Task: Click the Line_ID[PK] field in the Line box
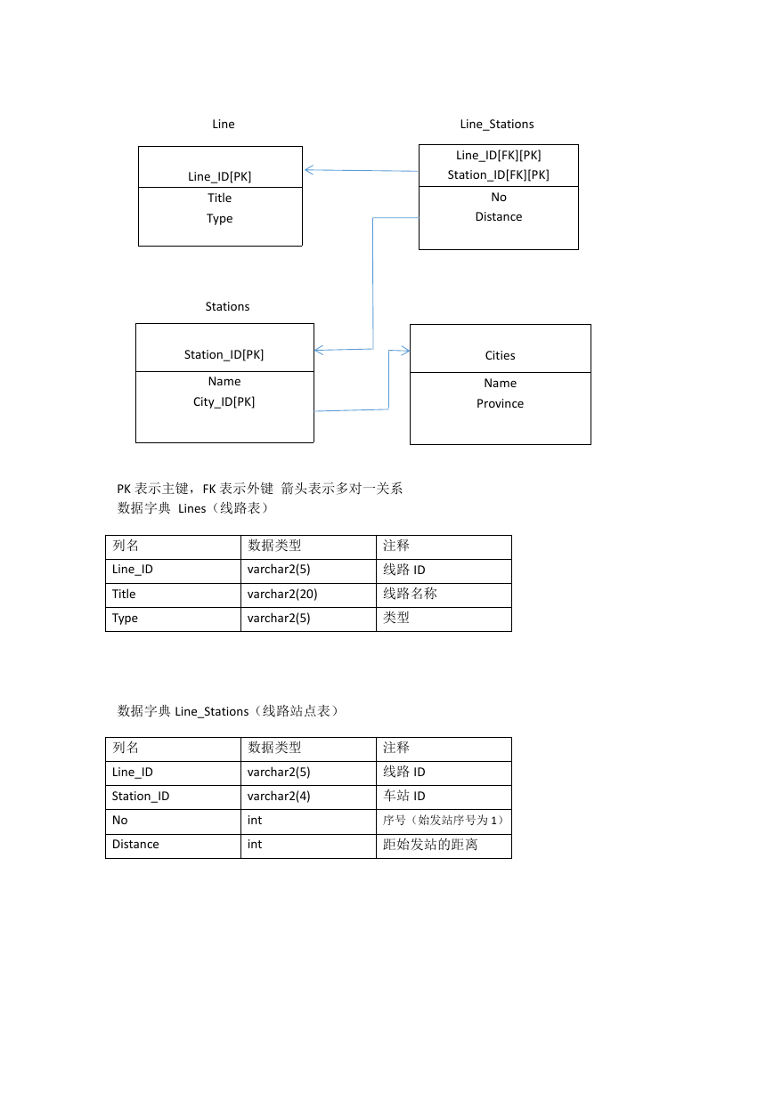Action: [219, 176]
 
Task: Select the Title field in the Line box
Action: [219, 198]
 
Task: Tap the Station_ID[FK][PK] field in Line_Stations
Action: [498, 174]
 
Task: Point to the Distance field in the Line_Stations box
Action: [499, 216]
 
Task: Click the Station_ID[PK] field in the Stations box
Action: [224, 354]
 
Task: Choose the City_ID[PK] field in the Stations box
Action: [224, 401]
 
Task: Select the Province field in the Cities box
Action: [500, 403]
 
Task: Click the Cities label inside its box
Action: [500, 355]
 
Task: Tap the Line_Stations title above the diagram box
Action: [497, 124]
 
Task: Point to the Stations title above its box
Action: [227, 306]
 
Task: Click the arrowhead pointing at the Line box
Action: [309, 170]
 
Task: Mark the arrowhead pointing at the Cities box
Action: [405, 351]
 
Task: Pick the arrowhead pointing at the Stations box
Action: [319, 351]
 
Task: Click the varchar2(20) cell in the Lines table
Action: [282, 594]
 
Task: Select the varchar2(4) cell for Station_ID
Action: [279, 796]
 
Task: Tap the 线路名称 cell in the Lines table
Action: [410, 594]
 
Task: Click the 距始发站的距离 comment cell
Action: [429, 844]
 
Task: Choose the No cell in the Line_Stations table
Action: [119, 820]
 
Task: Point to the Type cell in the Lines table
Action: [125, 619]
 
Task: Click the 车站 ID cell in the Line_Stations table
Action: [403, 796]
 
